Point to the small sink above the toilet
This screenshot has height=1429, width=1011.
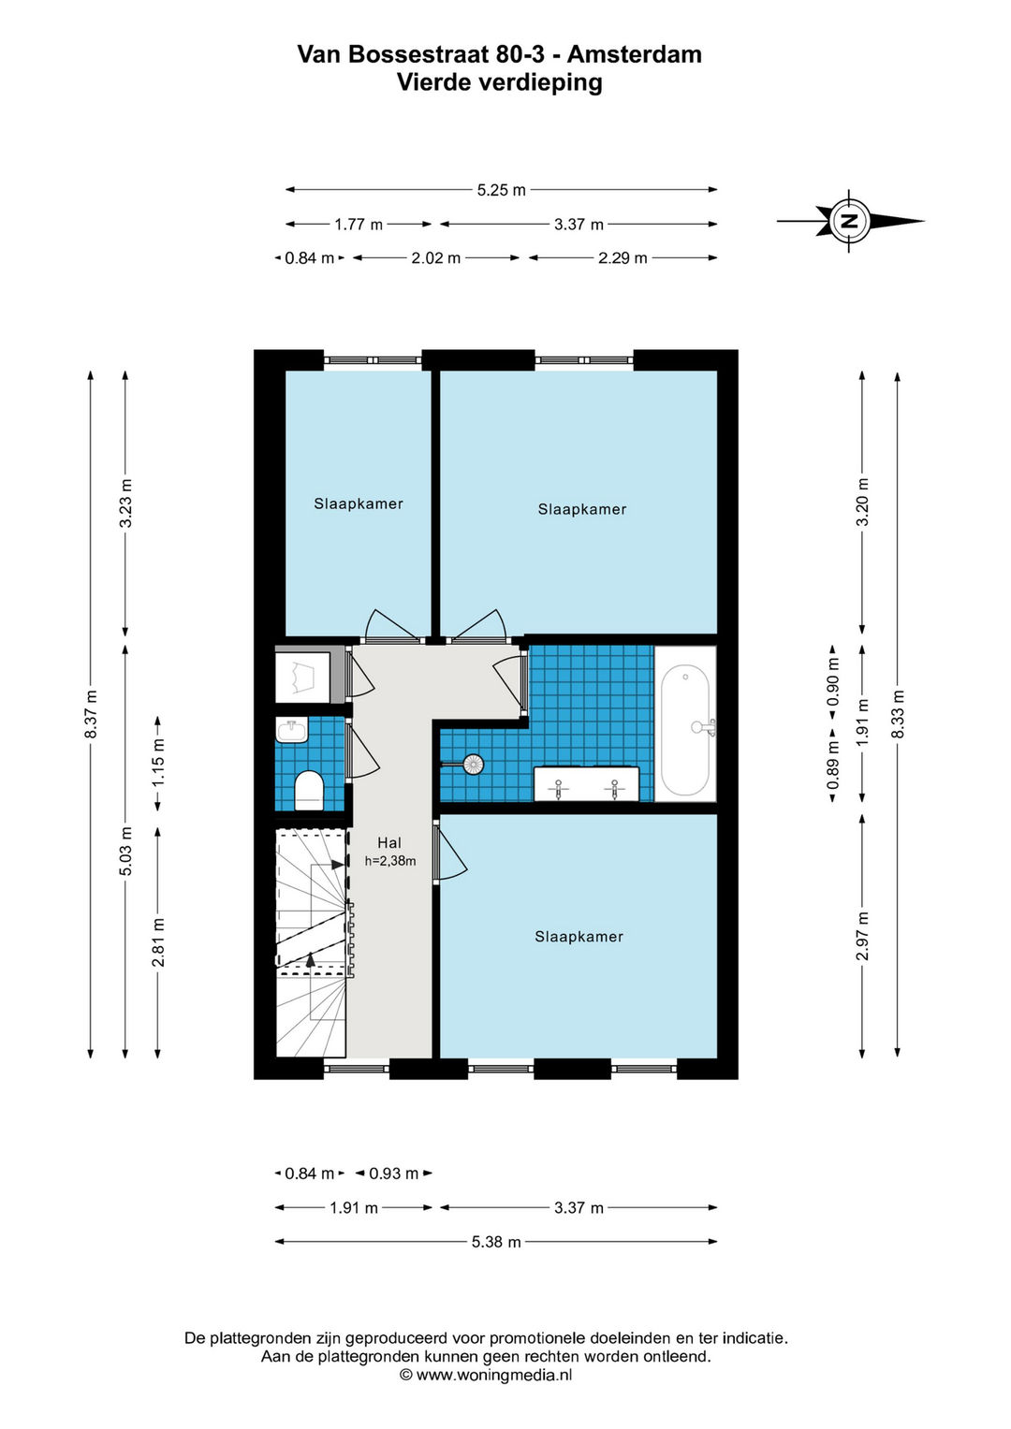point(293,729)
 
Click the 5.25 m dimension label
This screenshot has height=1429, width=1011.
point(501,190)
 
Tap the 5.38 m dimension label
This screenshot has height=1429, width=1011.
point(496,1242)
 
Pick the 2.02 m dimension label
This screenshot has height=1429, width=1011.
point(435,258)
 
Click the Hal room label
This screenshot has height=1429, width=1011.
point(389,843)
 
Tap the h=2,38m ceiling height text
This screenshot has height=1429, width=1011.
point(390,861)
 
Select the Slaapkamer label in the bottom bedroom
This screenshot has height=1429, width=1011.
point(579,937)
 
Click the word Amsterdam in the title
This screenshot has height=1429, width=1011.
point(635,55)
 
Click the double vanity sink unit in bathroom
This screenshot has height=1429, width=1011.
point(586,783)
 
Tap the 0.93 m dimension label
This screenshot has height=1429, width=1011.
point(393,1174)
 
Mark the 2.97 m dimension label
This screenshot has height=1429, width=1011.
point(863,936)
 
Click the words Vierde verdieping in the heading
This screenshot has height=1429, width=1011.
point(500,83)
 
